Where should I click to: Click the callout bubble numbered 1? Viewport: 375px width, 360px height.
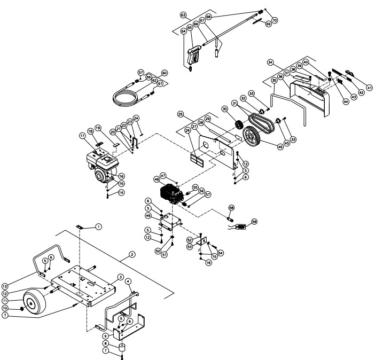pyautogui.click(x=99, y=227)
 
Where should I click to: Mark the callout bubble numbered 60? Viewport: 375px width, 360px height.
pyautogui.click(x=164, y=73)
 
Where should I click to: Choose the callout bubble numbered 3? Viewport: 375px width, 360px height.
pyautogui.click(x=121, y=277)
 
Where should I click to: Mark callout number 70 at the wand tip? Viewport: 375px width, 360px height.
pyautogui.click(x=275, y=20)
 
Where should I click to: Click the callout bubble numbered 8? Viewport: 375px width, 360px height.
pyautogui.click(x=106, y=344)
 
